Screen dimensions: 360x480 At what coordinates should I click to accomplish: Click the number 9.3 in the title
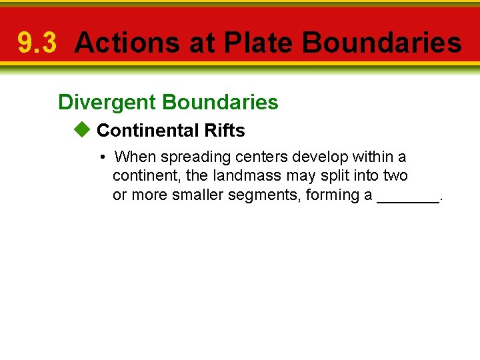pyautogui.click(x=37, y=43)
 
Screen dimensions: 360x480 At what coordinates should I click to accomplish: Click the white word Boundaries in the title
pyautogui.click(x=381, y=43)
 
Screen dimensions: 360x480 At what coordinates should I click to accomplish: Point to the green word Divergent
pyautogui.click(x=107, y=102)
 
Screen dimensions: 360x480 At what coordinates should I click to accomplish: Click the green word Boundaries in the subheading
pyautogui.click(x=220, y=102)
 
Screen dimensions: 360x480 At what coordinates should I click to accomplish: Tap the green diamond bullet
pyautogui.click(x=81, y=130)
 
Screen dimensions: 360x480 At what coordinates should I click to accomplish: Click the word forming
pyautogui.click(x=330, y=195)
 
